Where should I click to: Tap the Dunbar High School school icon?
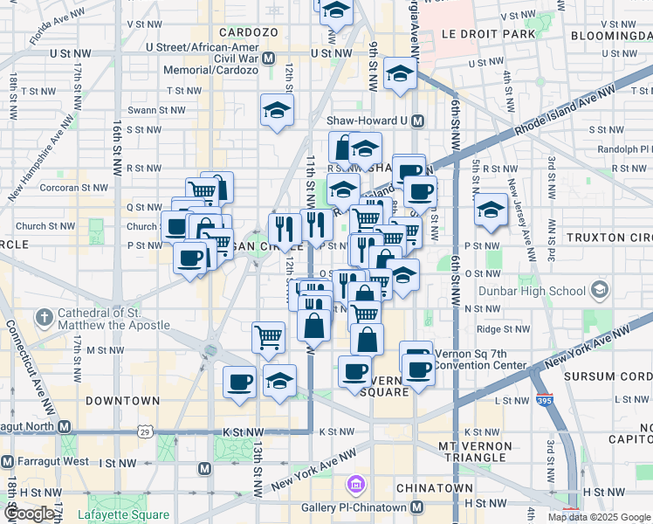tap(599, 289)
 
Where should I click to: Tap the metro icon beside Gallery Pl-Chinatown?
tap(416, 507)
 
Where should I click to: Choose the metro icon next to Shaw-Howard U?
tap(416, 121)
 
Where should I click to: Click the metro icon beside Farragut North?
tap(64, 427)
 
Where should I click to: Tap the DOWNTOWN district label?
tap(123, 401)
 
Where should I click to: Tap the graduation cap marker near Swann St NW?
tap(277, 110)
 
